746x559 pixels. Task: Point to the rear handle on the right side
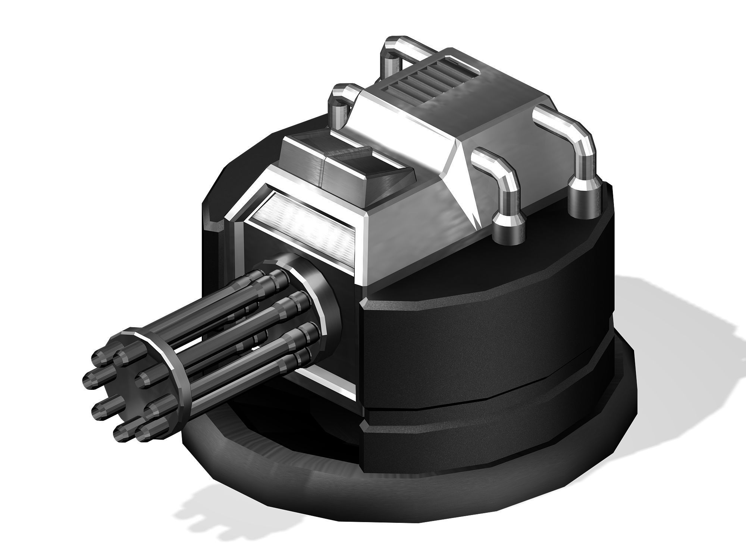point(567,127)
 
